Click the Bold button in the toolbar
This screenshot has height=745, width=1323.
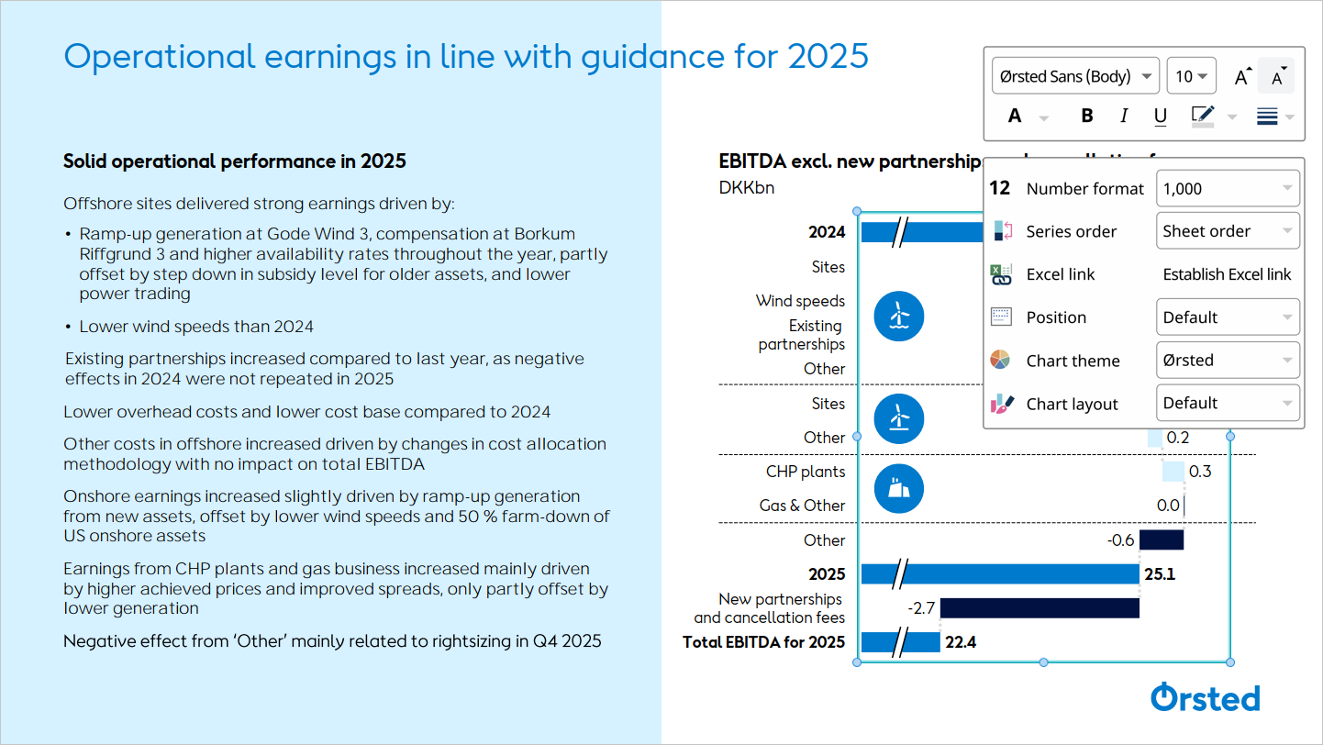(x=1087, y=116)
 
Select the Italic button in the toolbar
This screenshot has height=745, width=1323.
(x=1124, y=116)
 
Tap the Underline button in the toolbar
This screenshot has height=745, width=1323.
(x=1161, y=116)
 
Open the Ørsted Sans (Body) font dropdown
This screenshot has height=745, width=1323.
(x=1075, y=76)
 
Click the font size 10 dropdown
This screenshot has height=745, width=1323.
(x=1191, y=76)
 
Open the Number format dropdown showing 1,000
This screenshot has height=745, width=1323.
(x=1228, y=188)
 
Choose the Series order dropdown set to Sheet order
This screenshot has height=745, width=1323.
(x=1228, y=231)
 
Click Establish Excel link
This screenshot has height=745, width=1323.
(x=1227, y=274)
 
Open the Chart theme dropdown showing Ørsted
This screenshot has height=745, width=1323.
(x=1228, y=361)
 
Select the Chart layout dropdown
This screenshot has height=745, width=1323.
(x=1228, y=403)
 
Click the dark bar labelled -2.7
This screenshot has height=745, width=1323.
(x=1039, y=607)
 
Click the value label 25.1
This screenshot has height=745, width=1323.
(x=1160, y=574)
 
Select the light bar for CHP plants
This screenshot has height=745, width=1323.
(x=1173, y=472)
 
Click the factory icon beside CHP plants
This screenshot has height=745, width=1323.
(x=898, y=488)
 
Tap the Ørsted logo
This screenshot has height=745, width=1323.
(x=1205, y=697)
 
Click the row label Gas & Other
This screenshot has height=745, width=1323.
(x=802, y=506)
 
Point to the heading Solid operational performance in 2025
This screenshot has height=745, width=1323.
(x=234, y=161)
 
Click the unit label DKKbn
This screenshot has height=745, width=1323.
(x=747, y=188)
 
